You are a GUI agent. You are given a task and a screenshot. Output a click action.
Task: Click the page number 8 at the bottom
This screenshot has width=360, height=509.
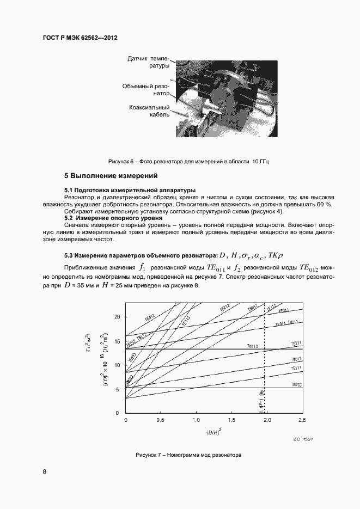click(44, 471)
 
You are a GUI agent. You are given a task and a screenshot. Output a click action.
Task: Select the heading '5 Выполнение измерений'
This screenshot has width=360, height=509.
click(111, 176)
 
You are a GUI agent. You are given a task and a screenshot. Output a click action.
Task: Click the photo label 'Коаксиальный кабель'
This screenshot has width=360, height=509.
click(149, 111)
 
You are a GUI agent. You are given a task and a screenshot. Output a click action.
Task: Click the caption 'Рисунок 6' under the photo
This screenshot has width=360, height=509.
click(189, 162)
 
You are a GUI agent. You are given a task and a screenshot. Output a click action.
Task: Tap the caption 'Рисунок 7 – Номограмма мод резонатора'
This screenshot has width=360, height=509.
click(189, 454)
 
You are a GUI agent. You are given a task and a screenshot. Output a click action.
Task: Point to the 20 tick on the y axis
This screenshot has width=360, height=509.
click(117, 317)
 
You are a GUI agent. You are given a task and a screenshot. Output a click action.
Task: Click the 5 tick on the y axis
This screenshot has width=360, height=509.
click(118, 389)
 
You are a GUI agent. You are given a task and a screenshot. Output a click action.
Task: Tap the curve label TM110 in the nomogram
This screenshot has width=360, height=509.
click(253, 346)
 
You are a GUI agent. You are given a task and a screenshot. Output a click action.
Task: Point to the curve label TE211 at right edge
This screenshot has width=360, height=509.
click(296, 344)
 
